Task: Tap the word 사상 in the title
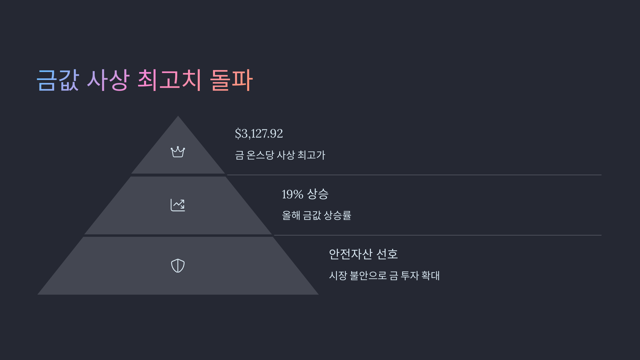coord(108,80)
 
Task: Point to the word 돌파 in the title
coord(231,80)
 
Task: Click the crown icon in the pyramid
coord(178,152)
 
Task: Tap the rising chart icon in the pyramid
coord(178,205)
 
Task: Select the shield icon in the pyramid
coord(178,266)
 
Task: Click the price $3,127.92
coord(259,134)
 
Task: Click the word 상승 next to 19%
coord(318,194)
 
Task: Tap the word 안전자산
coord(350,254)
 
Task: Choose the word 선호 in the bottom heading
coord(387,254)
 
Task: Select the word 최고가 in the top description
coord(311,155)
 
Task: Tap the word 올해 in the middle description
coord(291,215)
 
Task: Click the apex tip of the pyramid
coord(178,117)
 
